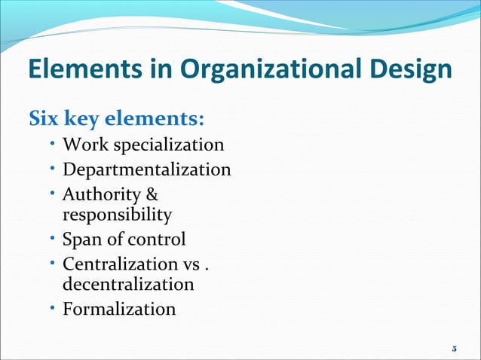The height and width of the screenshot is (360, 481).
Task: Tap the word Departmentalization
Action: pos(146,169)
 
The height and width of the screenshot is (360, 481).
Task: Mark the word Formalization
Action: pos(119,309)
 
